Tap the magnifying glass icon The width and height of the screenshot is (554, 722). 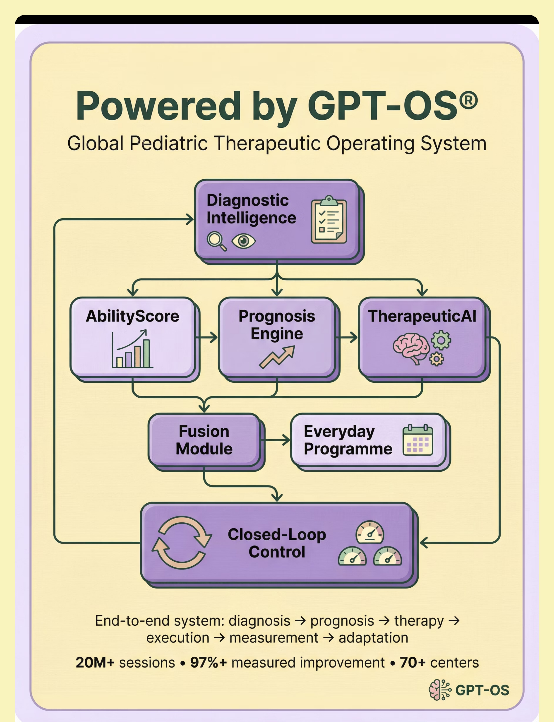tap(216, 241)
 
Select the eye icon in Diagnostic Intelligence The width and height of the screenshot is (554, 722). tap(243, 241)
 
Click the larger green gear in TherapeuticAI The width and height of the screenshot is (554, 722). tap(441, 340)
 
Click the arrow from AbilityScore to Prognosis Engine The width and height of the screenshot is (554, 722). tap(206, 337)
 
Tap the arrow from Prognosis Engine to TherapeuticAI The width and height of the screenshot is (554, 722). tap(346, 337)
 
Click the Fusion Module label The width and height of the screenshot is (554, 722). tap(204, 440)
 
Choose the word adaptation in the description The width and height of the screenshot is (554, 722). tap(373, 638)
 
